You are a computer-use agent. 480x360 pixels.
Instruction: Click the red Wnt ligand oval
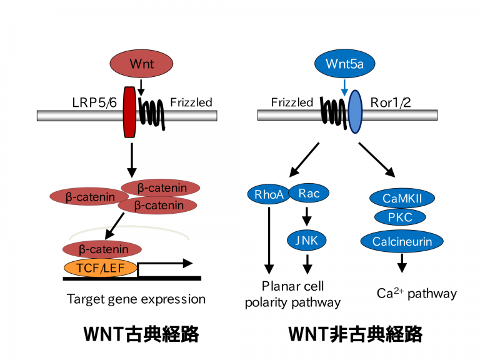(x=141, y=64)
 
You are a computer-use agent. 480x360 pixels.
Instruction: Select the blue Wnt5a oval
(x=345, y=64)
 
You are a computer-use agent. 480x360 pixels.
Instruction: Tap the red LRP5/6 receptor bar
(x=129, y=112)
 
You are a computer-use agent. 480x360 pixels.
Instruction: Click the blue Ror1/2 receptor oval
(x=355, y=112)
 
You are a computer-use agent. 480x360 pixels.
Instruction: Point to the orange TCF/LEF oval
(x=101, y=268)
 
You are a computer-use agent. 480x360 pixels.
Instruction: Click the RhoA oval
(x=269, y=194)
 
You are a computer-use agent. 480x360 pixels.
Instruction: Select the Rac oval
(x=309, y=193)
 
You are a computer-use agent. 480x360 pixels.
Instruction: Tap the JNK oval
(x=306, y=240)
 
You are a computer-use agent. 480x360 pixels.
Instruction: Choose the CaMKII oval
(x=402, y=198)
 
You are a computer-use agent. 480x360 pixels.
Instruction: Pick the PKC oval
(x=400, y=217)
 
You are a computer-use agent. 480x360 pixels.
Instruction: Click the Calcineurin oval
(x=402, y=241)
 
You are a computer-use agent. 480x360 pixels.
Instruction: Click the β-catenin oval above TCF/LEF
(x=102, y=249)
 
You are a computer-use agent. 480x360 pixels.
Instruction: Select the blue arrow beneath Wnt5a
(x=345, y=88)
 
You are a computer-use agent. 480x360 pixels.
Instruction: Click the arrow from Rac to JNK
(x=306, y=216)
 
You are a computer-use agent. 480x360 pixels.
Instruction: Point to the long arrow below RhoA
(x=269, y=240)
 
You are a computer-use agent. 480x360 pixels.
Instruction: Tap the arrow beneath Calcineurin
(x=402, y=263)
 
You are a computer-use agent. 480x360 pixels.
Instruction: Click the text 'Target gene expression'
(x=136, y=299)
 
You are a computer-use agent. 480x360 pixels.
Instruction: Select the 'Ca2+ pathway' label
(x=417, y=293)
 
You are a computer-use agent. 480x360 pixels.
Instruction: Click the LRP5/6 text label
(x=94, y=102)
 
